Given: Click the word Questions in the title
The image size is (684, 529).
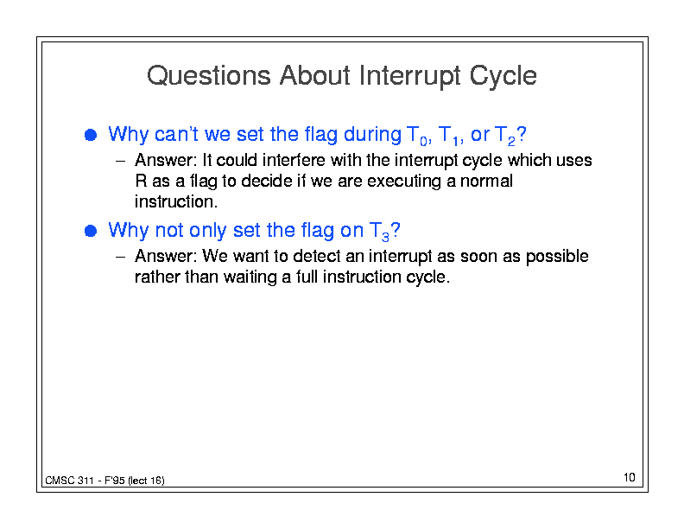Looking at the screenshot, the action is pyautogui.click(x=208, y=75).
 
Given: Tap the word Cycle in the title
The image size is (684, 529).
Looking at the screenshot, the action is pyautogui.click(x=503, y=76).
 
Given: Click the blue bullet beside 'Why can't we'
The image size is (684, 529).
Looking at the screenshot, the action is pyautogui.click(x=91, y=135).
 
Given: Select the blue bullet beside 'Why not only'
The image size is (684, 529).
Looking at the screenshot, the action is pyautogui.click(x=91, y=231).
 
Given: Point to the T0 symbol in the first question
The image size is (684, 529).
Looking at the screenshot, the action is pyautogui.click(x=416, y=136).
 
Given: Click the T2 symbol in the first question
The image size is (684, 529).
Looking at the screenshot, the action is pyautogui.click(x=505, y=136).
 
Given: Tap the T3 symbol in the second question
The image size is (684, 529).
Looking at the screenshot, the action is pyautogui.click(x=379, y=232).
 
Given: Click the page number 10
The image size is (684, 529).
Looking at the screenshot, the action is pyautogui.click(x=629, y=477).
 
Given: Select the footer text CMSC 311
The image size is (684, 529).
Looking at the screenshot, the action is pyautogui.click(x=69, y=481).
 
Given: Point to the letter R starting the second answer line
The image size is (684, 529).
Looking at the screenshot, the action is pyautogui.click(x=141, y=181).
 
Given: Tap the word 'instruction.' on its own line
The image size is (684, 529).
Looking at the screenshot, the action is pyautogui.click(x=176, y=201).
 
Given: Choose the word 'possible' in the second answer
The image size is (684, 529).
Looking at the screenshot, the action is pyautogui.click(x=557, y=257).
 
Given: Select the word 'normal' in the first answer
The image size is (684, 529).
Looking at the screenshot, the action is pyautogui.click(x=486, y=181).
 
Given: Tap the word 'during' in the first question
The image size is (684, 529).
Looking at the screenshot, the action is pyautogui.click(x=372, y=135).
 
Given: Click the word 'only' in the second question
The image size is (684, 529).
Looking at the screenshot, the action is pyautogui.click(x=207, y=231).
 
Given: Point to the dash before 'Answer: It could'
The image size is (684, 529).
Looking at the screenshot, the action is pyautogui.click(x=120, y=161).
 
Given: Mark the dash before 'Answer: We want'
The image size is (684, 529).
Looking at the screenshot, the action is pyautogui.click(x=120, y=257).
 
